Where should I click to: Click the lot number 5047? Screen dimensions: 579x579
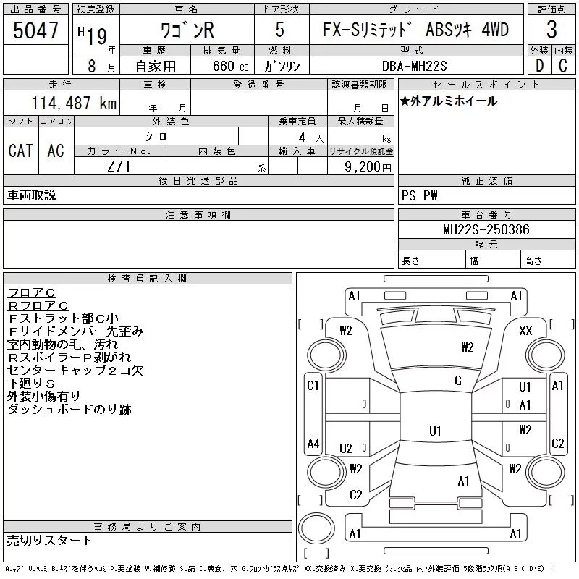pyautogui.click(x=35, y=30)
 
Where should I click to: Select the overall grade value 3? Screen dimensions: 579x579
pyautogui.click(x=551, y=30)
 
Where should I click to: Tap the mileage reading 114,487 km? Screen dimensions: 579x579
pyautogui.click(x=75, y=103)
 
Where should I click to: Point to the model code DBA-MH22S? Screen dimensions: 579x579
pyautogui.click(x=414, y=66)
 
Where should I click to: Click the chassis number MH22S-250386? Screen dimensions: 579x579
pyautogui.click(x=486, y=229)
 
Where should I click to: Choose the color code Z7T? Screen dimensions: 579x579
pyautogui.click(x=119, y=166)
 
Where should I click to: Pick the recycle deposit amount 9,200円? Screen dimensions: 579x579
pyautogui.click(x=368, y=167)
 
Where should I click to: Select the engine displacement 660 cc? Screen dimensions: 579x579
pyautogui.click(x=230, y=66)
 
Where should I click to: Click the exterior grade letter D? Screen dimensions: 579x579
pyautogui.click(x=539, y=66)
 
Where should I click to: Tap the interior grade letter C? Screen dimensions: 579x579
pyautogui.click(x=563, y=66)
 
